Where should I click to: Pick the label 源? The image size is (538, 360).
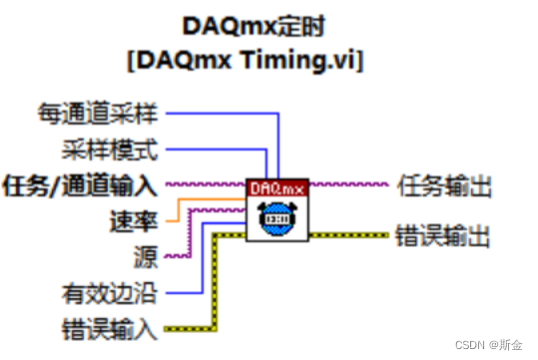coord(147,256)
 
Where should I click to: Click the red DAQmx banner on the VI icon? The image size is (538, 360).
coord(277,186)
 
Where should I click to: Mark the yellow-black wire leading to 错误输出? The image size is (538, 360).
coord(349,235)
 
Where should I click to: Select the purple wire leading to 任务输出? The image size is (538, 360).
coord(349,184)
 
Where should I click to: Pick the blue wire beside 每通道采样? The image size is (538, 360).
coord(220,112)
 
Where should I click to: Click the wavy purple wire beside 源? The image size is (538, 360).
coord(175,255)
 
